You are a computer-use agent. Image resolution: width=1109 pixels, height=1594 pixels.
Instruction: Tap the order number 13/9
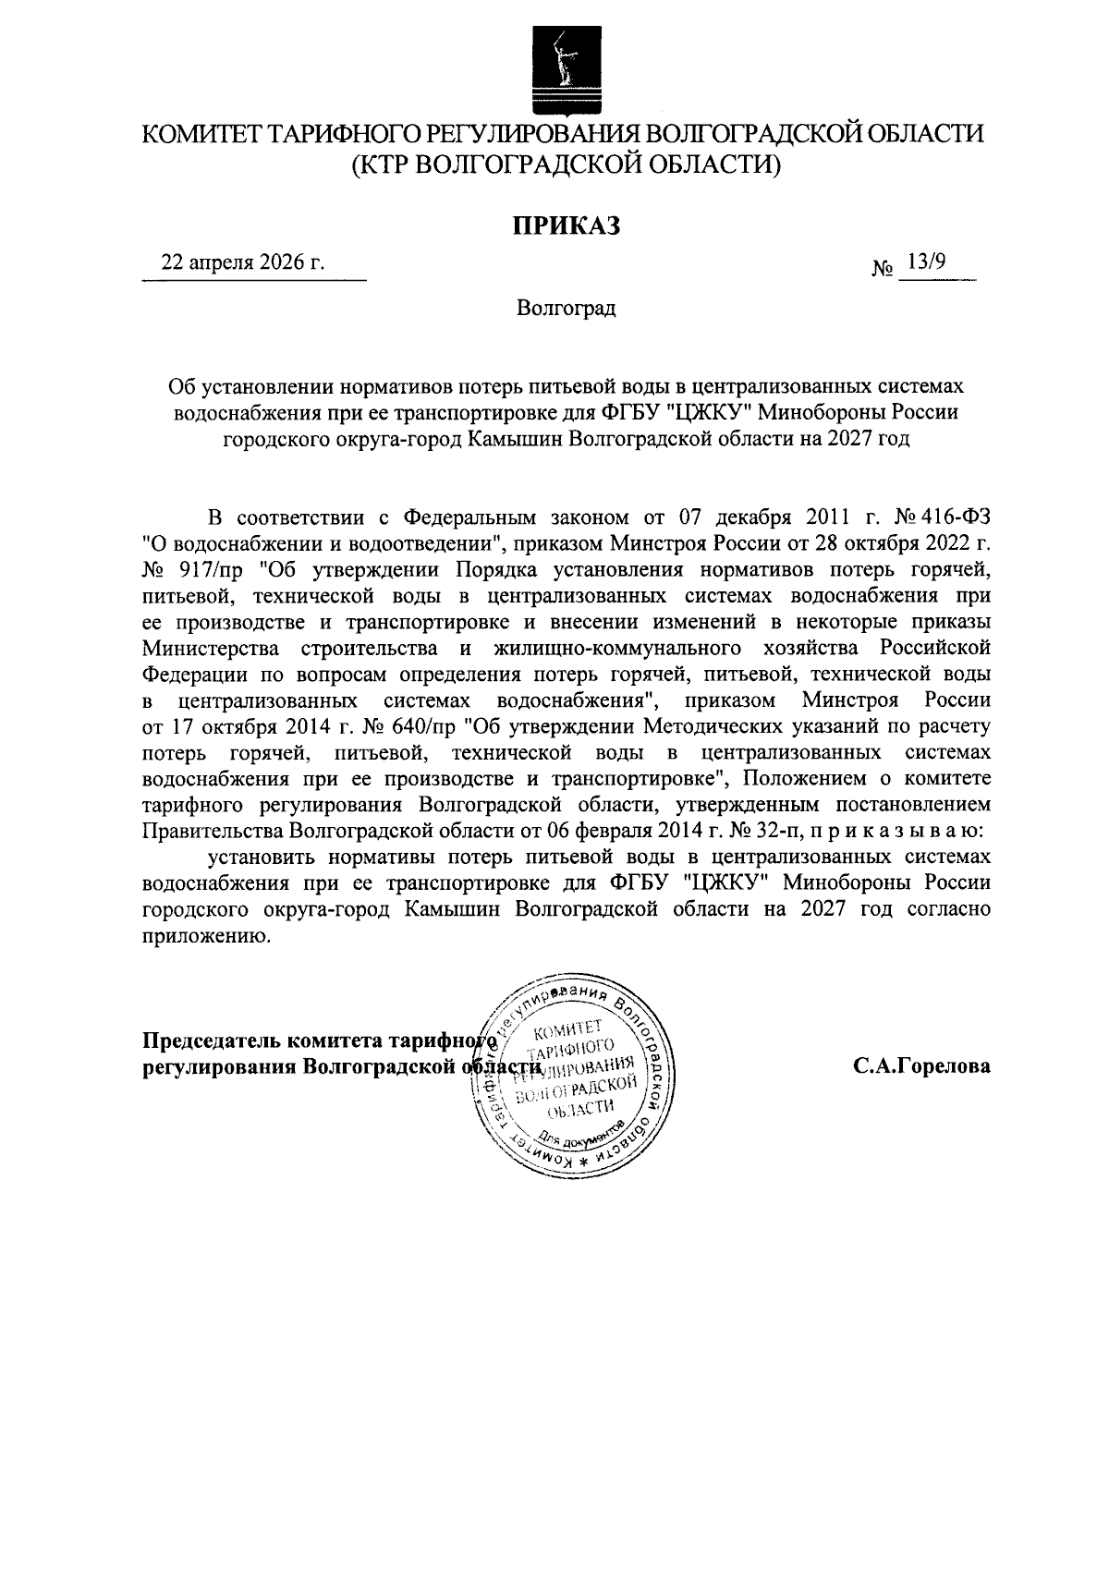(926, 262)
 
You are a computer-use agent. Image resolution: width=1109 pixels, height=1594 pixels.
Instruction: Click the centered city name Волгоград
(566, 309)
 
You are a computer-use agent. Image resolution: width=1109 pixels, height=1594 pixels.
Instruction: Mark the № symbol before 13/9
(883, 269)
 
